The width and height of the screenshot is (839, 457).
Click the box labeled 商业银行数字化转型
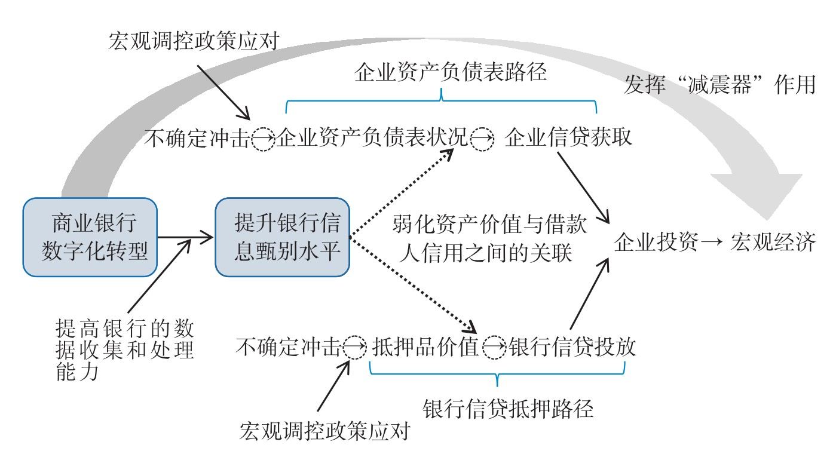pyautogui.click(x=90, y=237)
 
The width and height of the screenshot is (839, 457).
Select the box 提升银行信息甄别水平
pyautogui.click(x=282, y=237)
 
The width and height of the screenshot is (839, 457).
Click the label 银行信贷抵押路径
pyautogui.click(x=508, y=410)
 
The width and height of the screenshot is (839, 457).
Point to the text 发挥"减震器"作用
pyautogui.click(x=719, y=85)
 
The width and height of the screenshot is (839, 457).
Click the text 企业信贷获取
pyautogui.click(x=568, y=139)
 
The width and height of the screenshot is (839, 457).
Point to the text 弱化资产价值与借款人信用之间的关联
pyautogui.click(x=490, y=240)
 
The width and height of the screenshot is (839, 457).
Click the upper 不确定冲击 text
pyautogui.click(x=197, y=139)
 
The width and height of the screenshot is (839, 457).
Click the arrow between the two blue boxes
pyautogui.click(x=186, y=238)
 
